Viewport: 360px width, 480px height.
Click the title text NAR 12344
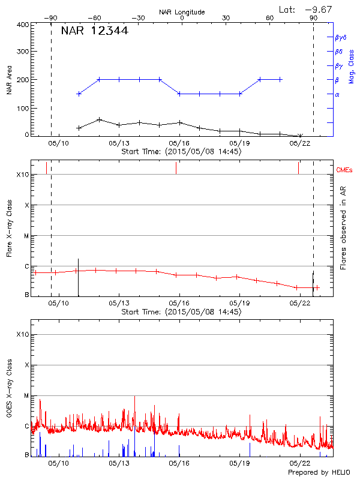[94, 31]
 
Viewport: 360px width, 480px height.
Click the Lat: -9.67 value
[305, 8]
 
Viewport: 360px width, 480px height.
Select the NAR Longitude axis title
[182, 12]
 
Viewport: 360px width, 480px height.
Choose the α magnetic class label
[337, 94]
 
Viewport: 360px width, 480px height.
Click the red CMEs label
[344, 171]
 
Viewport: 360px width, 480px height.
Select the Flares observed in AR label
[343, 227]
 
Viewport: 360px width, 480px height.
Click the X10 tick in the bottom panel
[22, 334]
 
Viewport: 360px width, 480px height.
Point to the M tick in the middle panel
[26, 236]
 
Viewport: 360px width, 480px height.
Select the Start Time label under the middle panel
[181, 312]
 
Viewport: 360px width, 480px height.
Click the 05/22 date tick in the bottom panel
[299, 464]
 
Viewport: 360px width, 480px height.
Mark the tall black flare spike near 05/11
[78, 276]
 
